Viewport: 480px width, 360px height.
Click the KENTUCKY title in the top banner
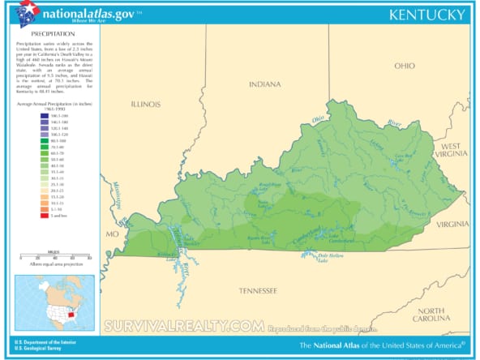coord(426,15)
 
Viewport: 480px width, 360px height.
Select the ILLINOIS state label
coord(146,104)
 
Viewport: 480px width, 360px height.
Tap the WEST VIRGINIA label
coord(453,148)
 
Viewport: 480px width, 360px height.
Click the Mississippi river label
coord(117,195)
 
